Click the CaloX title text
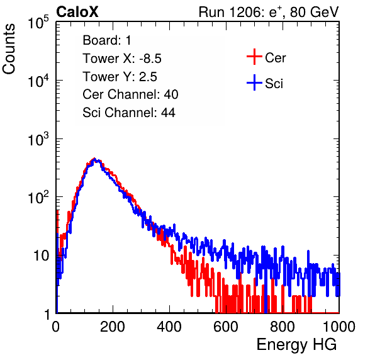click(x=77, y=12)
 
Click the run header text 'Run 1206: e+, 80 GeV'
click(x=269, y=12)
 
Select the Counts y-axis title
click(x=9, y=48)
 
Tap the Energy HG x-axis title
click(x=296, y=345)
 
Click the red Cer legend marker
click(x=254, y=57)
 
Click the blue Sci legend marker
click(x=254, y=82)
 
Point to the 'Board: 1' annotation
click(x=107, y=40)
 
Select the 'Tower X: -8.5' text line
click(x=122, y=59)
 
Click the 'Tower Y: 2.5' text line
click(x=120, y=77)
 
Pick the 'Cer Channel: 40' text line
click(x=130, y=94)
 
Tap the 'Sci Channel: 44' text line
click(x=129, y=113)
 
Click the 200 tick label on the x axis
click(x=113, y=327)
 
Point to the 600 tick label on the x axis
click(x=226, y=327)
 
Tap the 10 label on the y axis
click(x=41, y=256)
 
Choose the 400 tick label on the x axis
click(x=169, y=327)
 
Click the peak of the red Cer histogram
click(x=94, y=159)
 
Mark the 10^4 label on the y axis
click(x=38, y=81)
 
